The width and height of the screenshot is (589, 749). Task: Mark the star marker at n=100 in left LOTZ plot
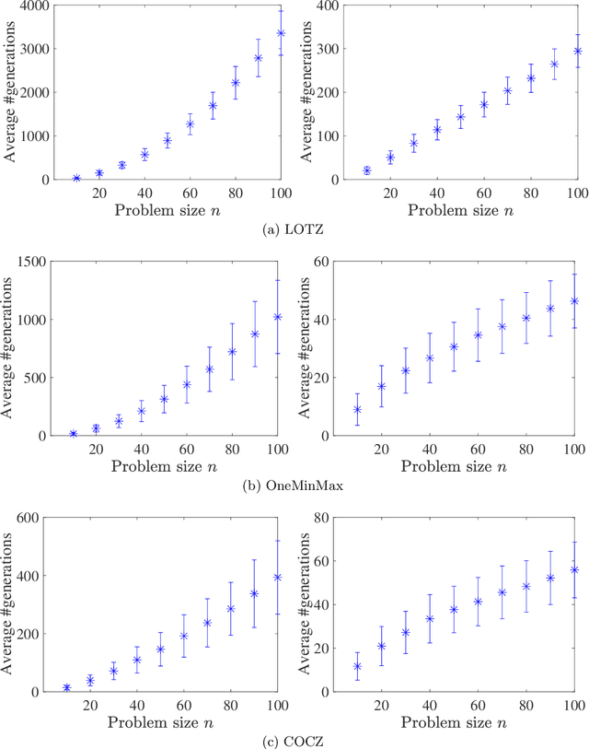[281, 33]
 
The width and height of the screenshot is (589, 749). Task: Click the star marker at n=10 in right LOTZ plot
[366, 170]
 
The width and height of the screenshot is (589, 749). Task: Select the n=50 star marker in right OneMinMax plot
[454, 346]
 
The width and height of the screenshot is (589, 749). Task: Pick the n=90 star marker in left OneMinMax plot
[255, 334]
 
